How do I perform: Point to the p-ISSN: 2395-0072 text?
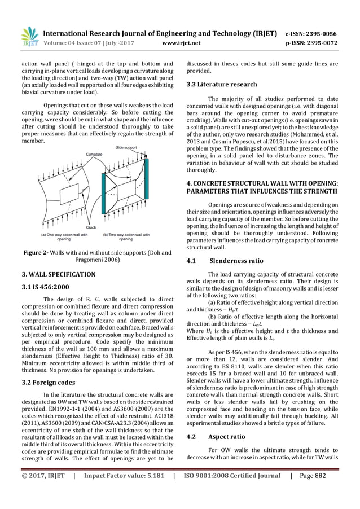[311, 41]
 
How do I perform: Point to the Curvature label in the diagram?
[94, 154]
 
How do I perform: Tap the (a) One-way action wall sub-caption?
[65, 236]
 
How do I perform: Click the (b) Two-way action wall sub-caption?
[126, 236]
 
